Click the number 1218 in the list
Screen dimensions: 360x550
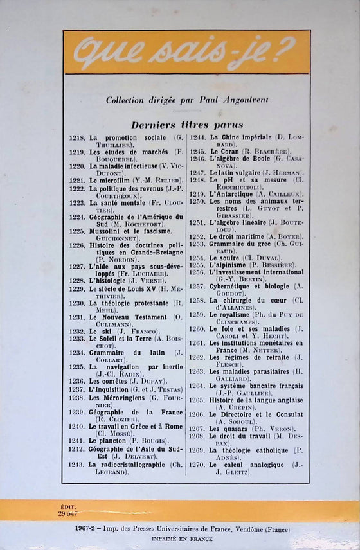(76, 138)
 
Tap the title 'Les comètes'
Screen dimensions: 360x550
(107, 380)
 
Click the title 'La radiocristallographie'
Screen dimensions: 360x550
(132, 464)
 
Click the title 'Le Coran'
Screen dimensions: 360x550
(222, 152)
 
